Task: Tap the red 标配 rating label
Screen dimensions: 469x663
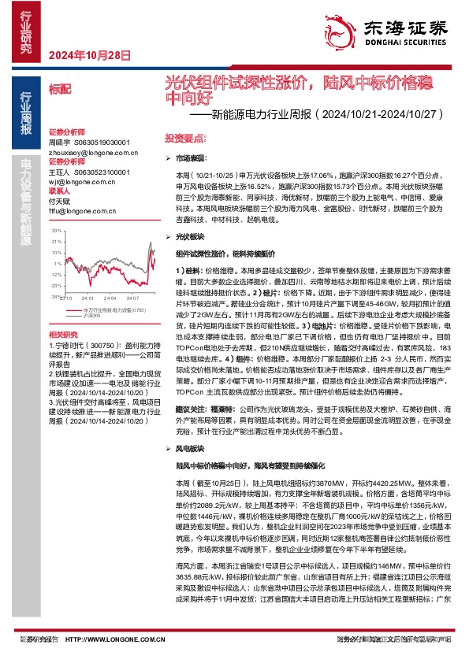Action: tap(59, 89)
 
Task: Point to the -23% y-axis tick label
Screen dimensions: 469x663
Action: tap(56, 286)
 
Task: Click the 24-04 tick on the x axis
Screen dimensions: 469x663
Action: tap(110, 298)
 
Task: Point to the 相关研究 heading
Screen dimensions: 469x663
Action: tap(61, 335)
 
